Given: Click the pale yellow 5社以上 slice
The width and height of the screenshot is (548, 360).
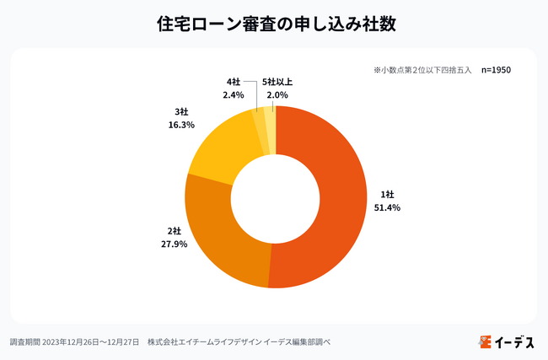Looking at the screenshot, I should [271, 117].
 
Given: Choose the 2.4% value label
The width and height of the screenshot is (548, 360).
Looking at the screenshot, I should [233, 95].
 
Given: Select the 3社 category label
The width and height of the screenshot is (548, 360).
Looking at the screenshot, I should [182, 110].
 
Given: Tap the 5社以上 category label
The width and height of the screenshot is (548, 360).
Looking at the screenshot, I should [277, 82].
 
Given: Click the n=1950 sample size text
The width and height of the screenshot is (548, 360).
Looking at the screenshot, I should [496, 70].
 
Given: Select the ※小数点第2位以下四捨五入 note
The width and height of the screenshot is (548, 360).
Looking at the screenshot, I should [422, 70].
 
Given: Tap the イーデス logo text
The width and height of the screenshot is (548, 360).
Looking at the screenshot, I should [513, 341].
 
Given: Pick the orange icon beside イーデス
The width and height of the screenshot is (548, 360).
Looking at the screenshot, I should [484, 341].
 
